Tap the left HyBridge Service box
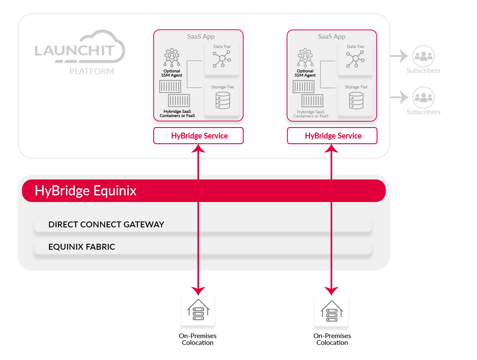(x=199, y=136)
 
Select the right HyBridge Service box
(x=332, y=136)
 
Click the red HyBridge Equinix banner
(x=204, y=191)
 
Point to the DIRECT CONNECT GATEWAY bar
(x=203, y=224)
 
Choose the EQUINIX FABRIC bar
(x=203, y=247)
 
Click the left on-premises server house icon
(x=198, y=309)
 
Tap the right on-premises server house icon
(x=331, y=310)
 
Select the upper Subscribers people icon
(x=423, y=56)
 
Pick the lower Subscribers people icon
(x=423, y=97)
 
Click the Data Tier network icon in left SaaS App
(x=222, y=59)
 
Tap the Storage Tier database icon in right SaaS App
(x=356, y=100)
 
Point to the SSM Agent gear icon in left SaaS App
(x=171, y=58)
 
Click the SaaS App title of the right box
(x=331, y=37)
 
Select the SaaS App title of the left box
(x=201, y=37)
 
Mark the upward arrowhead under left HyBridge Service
(x=198, y=148)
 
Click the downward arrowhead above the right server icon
(x=331, y=290)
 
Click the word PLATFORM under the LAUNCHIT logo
(x=92, y=71)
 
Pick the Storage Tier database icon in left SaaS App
(x=223, y=100)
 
